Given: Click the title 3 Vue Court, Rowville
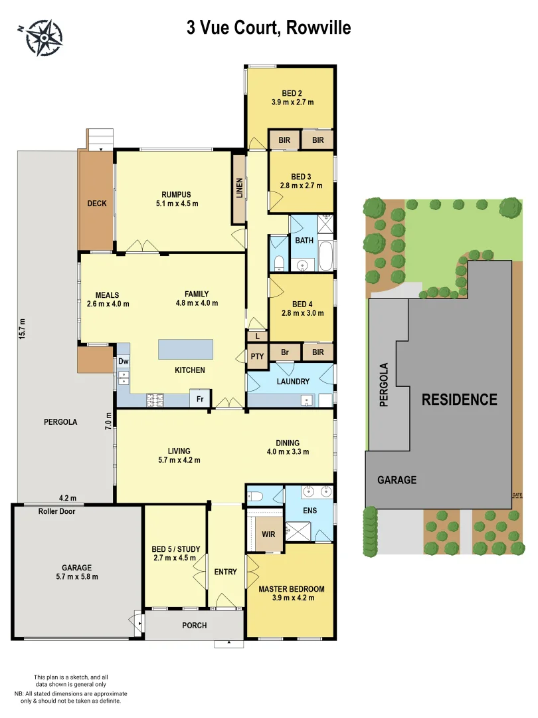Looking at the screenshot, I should (x=268, y=28).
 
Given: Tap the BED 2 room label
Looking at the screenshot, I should (x=292, y=92).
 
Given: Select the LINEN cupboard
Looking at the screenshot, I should (x=239, y=188).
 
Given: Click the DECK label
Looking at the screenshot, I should (x=97, y=204).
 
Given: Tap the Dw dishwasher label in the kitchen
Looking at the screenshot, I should (x=124, y=362).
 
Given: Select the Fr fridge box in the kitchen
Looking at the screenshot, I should (x=199, y=399).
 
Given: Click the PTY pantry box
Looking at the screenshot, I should (x=257, y=356).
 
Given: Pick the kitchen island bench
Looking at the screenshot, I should (x=185, y=350).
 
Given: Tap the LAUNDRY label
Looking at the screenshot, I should (x=293, y=382).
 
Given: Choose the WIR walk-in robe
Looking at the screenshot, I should (x=268, y=534).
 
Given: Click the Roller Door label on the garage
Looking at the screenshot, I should (x=57, y=511).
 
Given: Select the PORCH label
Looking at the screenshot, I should (x=194, y=626).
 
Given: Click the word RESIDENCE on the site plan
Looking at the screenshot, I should (x=459, y=400).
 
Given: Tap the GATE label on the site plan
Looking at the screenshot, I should (x=517, y=495).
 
